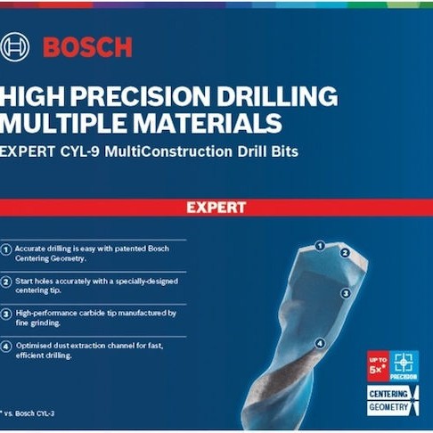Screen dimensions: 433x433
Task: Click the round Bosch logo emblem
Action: coord(15,45)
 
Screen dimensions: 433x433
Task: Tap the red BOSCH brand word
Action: coord(86,47)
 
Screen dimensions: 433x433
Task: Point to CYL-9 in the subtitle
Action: coord(81,152)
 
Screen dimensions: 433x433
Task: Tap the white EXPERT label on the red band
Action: coord(216,208)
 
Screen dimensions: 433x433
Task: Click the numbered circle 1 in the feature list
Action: coord(7,249)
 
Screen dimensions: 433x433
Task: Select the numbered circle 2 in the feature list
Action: coord(7,281)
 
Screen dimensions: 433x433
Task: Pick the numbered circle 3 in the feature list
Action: coord(7,313)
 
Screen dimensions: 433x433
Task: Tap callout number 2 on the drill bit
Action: coord(343,252)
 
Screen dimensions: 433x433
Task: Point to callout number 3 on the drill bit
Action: coord(344,291)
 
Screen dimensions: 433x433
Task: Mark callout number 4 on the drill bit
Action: coord(320,341)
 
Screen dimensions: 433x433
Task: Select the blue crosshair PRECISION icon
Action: coord(404,365)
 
